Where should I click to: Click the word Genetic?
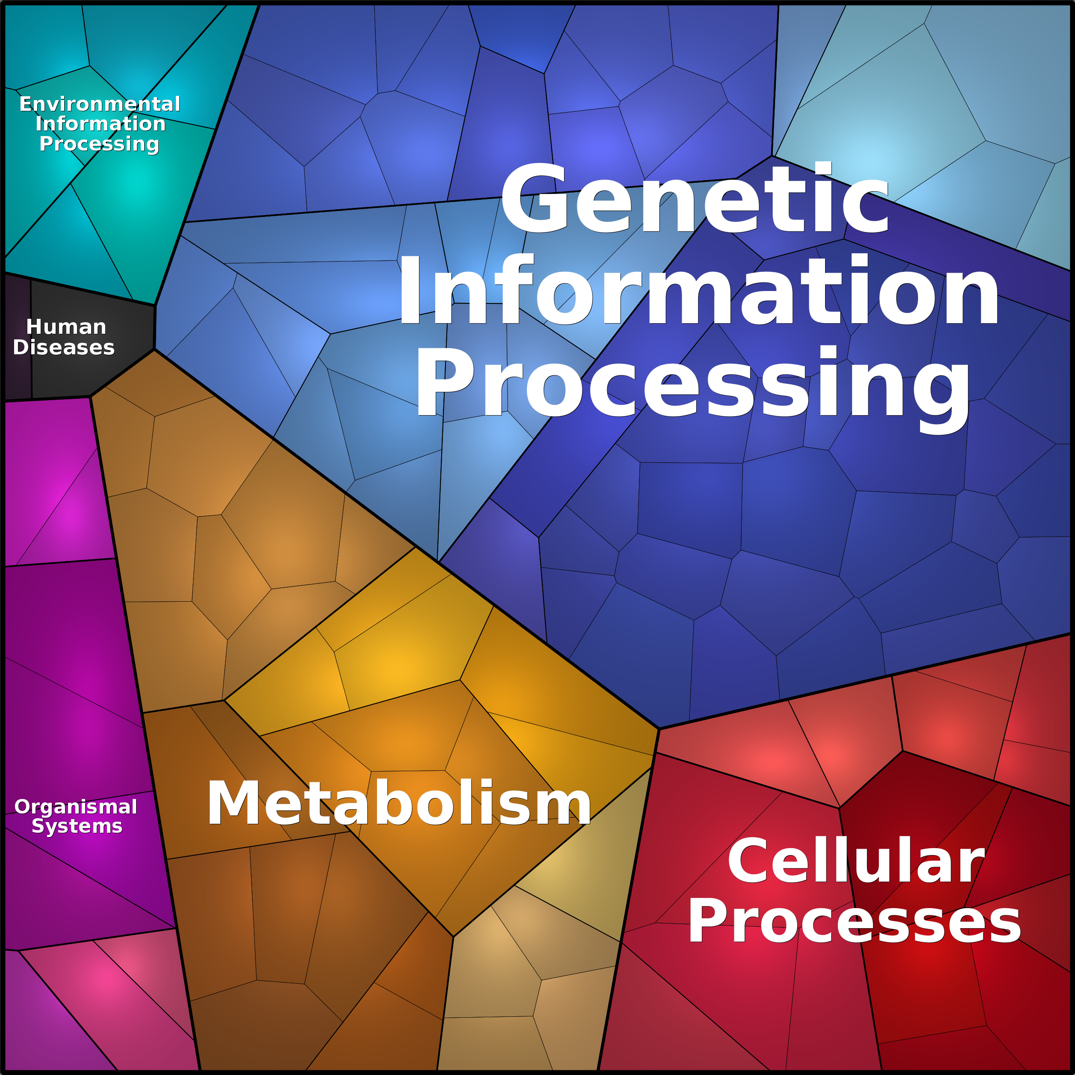coord(695,198)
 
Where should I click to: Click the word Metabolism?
coord(398,803)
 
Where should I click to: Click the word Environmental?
coord(100,104)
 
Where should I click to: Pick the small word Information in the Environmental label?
coord(101,124)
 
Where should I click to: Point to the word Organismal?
coord(76,807)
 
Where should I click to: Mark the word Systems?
coord(77,826)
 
